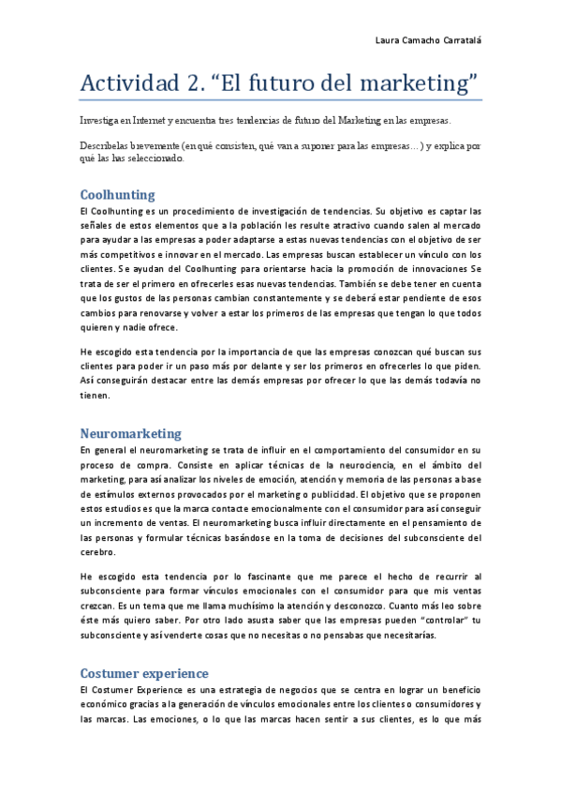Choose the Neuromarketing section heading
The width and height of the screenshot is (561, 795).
point(130,433)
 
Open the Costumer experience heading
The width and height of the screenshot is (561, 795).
point(144,673)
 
